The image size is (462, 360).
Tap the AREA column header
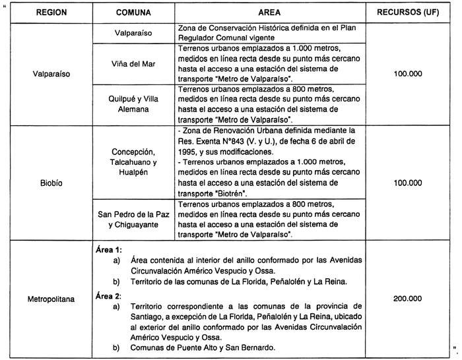coord(271,13)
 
